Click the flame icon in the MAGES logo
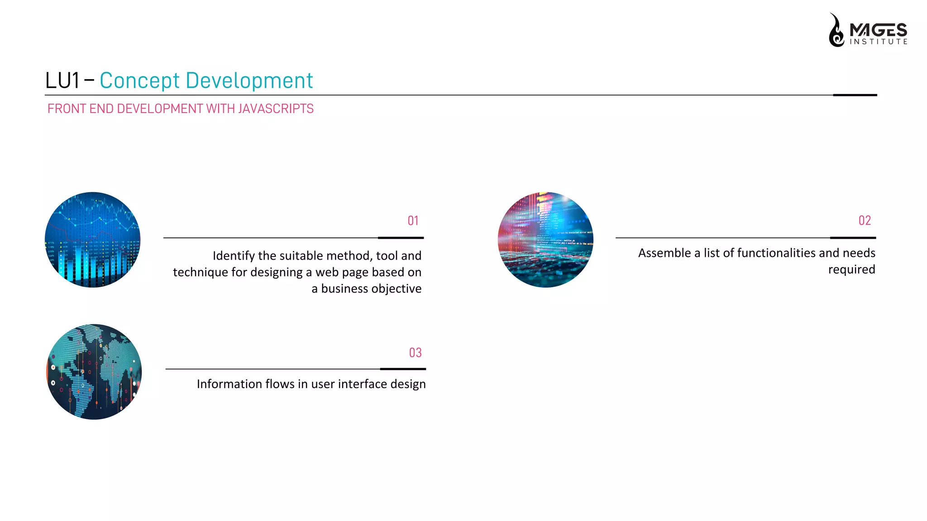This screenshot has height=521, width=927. pyautogui.click(x=836, y=31)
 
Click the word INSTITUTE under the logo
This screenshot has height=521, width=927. pyautogui.click(x=878, y=42)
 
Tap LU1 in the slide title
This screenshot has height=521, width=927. pyautogui.click(x=62, y=81)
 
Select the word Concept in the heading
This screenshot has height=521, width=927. pyautogui.click(x=139, y=81)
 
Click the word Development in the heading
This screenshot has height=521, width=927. pyautogui.click(x=249, y=81)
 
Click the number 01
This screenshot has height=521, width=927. pyautogui.click(x=413, y=221)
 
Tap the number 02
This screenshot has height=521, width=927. pyautogui.click(x=865, y=220)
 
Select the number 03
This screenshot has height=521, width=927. pyautogui.click(x=415, y=353)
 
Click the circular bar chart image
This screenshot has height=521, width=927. pyautogui.click(x=92, y=240)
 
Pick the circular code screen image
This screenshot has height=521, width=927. pyautogui.click(x=545, y=240)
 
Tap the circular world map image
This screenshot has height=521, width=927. pyautogui.click(x=94, y=372)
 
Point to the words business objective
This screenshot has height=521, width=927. pyautogui.click(x=371, y=289)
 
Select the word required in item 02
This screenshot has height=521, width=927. pyautogui.click(x=851, y=270)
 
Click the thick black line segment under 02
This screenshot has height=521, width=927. pyautogui.click(x=853, y=237)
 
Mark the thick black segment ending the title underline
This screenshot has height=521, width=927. pyautogui.click(x=855, y=95)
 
